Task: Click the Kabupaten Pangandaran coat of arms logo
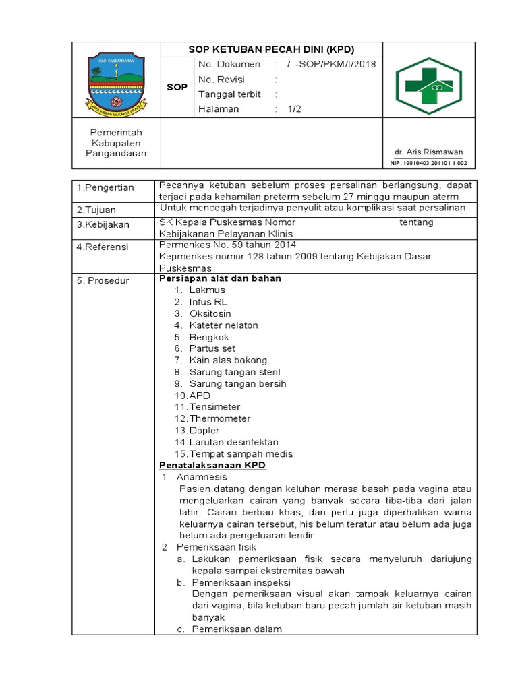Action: [115, 82]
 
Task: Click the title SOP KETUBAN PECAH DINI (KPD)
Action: [271, 50]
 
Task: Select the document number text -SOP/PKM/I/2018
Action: [335, 65]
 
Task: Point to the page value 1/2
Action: [295, 109]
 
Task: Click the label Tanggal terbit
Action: [229, 94]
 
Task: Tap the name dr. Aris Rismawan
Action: [429, 152]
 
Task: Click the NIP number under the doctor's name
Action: [429, 163]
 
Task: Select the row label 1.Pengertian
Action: [105, 187]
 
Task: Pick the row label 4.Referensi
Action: [103, 247]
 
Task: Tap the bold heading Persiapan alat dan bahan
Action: [220, 278]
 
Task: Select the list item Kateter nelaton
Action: [223, 325]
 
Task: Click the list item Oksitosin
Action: [210, 313]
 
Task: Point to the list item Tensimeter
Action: [214, 407]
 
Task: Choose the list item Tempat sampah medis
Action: [241, 454]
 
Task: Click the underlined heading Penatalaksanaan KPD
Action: [212, 466]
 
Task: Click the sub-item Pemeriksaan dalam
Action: [237, 629]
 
